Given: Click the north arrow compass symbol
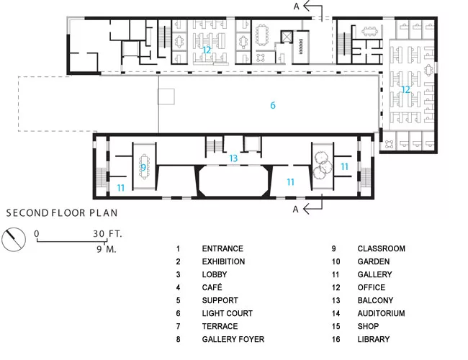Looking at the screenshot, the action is click(x=14, y=240).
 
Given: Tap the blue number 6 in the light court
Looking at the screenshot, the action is click(x=273, y=105).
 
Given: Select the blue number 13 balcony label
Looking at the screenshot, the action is click(x=233, y=158).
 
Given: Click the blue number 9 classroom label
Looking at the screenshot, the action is click(x=143, y=168).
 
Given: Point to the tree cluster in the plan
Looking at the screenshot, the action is click(x=323, y=165).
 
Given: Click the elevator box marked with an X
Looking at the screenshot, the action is click(x=287, y=37).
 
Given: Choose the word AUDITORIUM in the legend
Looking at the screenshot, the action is click(x=381, y=313).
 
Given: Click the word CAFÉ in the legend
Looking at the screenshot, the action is click(x=212, y=287).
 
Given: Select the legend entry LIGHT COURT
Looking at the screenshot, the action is click(x=227, y=313).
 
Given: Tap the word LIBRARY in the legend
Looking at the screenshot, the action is click(x=374, y=339).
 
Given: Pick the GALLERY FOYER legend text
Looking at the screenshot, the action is click(x=233, y=339).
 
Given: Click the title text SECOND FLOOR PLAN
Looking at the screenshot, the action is click(x=62, y=213).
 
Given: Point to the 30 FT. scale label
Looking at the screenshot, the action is click(x=107, y=233).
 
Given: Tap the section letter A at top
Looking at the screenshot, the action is click(x=296, y=6).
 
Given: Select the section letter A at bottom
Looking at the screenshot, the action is click(x=295, y=210).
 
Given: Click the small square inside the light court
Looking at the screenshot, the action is click(x=166, y=96).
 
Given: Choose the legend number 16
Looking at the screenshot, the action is click(x=336, y=339).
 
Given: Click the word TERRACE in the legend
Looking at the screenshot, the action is click(x=220, y=326).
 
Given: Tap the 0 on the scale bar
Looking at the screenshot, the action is click(x=37, y=233).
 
